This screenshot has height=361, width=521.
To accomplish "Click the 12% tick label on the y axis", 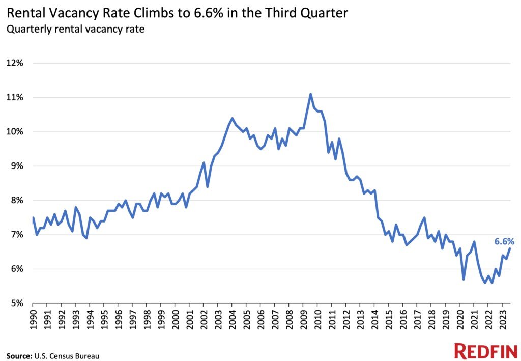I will [x=15, y=63].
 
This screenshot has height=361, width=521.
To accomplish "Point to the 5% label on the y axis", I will [x=17, y=303].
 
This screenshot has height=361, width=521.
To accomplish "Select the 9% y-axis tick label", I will [x=17, y=166].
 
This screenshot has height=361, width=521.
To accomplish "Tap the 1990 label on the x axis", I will [x=33, y=319].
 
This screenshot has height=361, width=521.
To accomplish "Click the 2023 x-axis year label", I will [x=503, y=319].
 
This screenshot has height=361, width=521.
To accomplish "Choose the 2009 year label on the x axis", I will [x=303, y=319].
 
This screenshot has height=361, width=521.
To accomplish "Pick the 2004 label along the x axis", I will [x=232, y=319].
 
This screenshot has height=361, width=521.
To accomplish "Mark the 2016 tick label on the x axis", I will [x=403, y=319].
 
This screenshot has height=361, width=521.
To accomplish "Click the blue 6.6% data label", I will [x=504, y=242].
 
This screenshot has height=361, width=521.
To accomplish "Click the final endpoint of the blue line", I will [x=510, y=248].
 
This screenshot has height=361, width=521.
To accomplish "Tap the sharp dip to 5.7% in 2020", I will [x=464, y=279].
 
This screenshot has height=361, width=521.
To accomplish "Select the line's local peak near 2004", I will [x=232, y=118].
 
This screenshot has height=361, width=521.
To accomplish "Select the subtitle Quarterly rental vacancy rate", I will [x=75, y=29].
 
